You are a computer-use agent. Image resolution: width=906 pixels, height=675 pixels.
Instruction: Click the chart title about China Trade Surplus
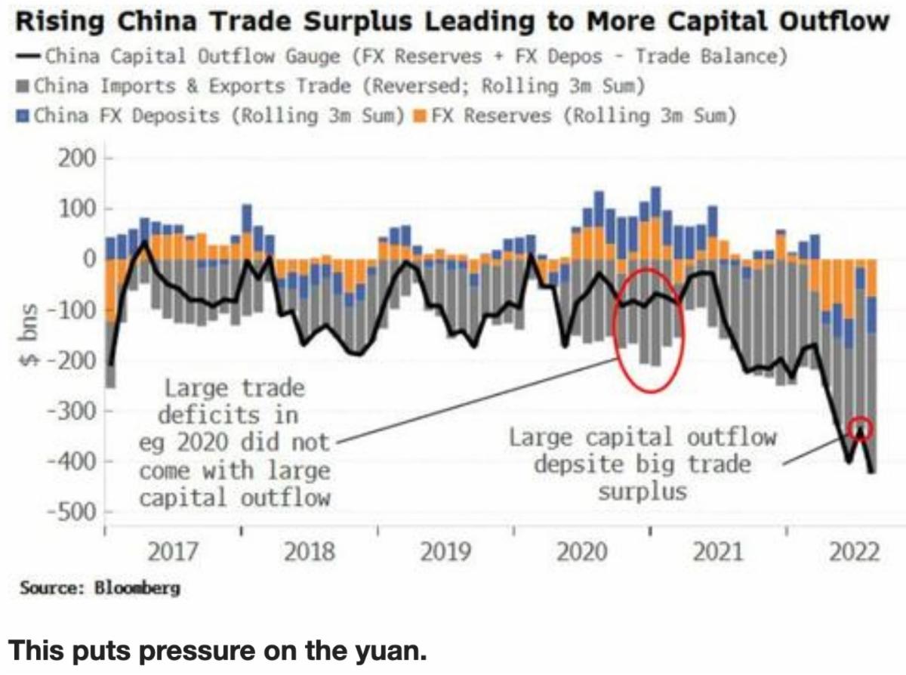coord(452,21)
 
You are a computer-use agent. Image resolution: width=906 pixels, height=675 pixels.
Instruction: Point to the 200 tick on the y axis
coord(79,159)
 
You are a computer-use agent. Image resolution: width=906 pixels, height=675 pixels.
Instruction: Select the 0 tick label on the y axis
coord(90,260)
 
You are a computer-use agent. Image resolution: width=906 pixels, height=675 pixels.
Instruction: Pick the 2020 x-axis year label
coord(581,553)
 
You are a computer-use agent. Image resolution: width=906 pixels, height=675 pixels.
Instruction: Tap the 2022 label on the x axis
coord(854,553)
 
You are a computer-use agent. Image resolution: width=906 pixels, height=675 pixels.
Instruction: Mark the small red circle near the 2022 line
coord(861,429)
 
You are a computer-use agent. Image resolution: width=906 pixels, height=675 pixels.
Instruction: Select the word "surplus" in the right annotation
coord(643,492)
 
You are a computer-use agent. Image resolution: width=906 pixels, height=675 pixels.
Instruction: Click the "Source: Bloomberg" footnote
coord(100,587)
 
